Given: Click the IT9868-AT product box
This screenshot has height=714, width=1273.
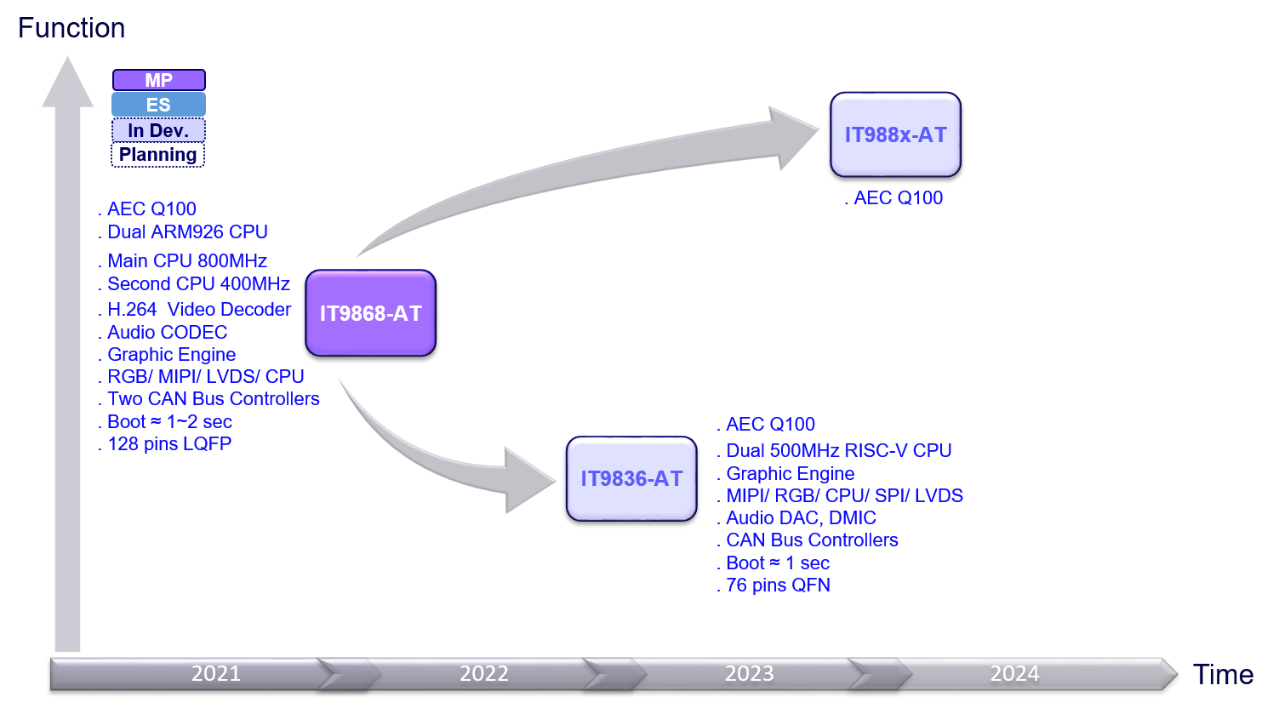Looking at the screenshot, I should pyautogui.click(x=370, y=313).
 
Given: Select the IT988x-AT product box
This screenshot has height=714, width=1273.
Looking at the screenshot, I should pyautogui.click(x=895, y=134).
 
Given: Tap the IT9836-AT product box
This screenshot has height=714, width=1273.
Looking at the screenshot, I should pyautogui.click(x=631, y=478).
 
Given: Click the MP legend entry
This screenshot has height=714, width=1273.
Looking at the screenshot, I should pyautogui.click(x=159, y=80).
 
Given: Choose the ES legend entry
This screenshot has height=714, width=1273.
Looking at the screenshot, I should pyautogui.click(x=159, y=105).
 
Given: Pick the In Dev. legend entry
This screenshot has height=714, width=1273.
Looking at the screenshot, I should pyautogui.click(x=159, y=130).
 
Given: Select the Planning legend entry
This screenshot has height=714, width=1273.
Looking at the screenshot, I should pyautogui.click(x=158, y=155).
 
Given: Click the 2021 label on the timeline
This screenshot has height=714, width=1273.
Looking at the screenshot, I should pyautogui.click(x=216, y=674).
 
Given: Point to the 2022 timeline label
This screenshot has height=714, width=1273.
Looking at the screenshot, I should pyautogui.click(x=483, y=674).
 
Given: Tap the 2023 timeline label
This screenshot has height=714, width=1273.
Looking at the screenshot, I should pyautogui.click(x=749, y=674).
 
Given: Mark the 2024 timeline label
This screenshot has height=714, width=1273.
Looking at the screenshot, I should pyautogui.click(x=1014, y=674).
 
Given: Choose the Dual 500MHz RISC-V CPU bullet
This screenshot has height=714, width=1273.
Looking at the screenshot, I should pyautogui.click(x=838, y=451).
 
